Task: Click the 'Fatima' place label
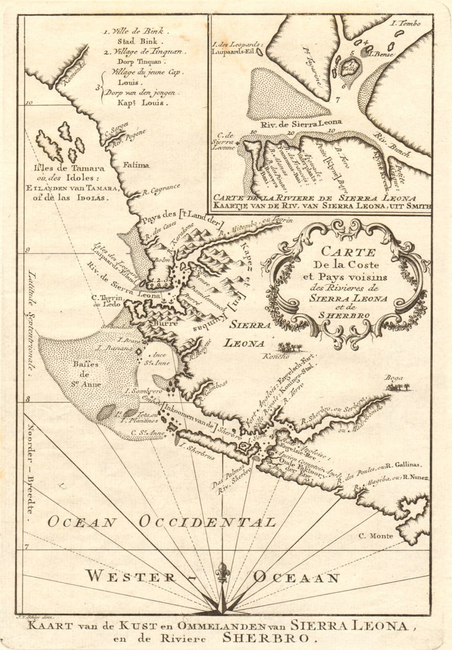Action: [x=136, y=165]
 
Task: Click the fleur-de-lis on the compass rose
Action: [x=222, y=573]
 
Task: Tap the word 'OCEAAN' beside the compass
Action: [x=297, y=577]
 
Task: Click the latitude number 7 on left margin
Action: [x=27, y=547]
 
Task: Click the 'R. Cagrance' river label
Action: [x=161, y=189]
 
